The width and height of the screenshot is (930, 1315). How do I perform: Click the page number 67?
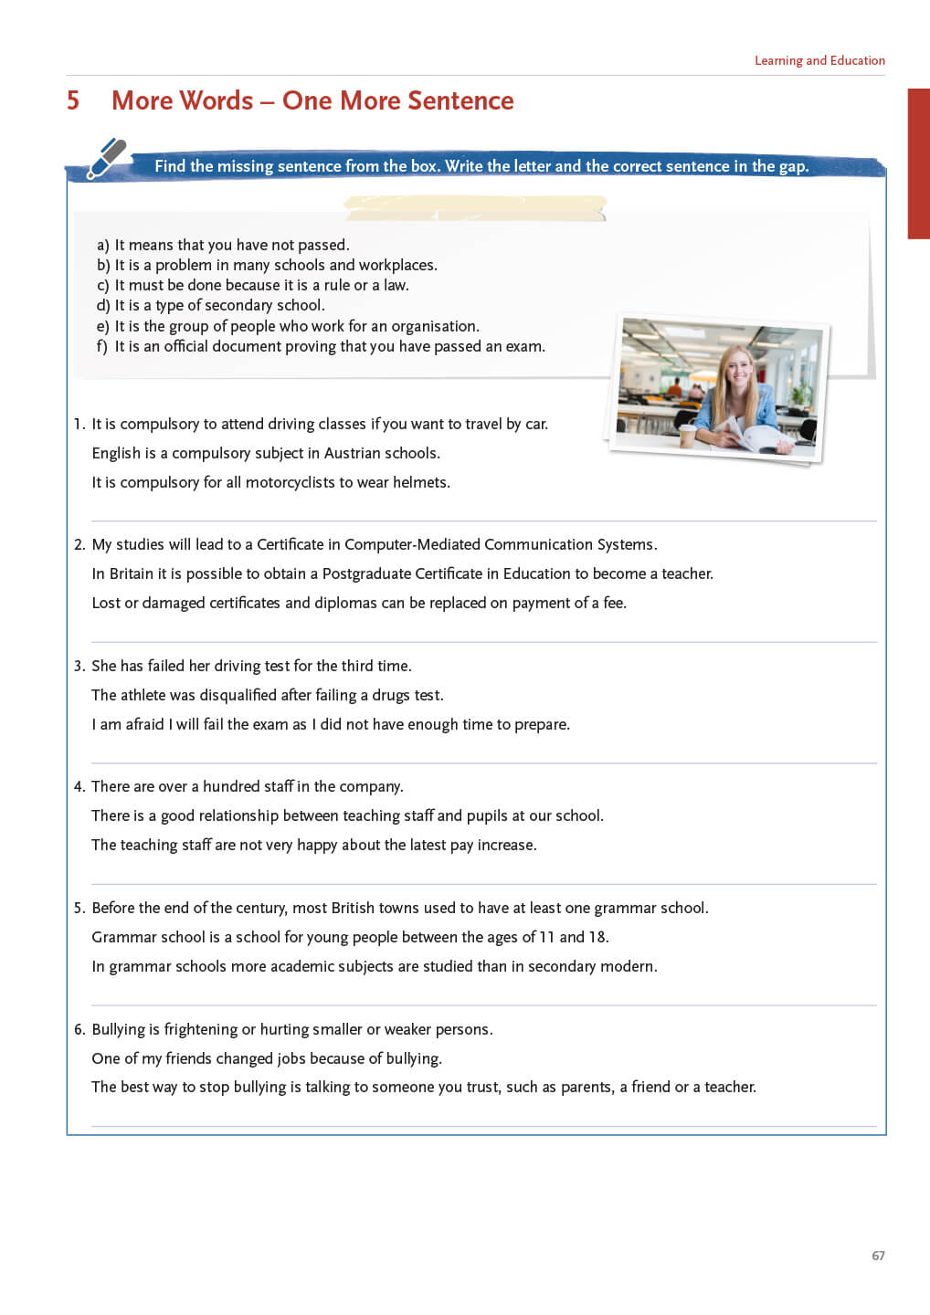click(x=878, y=1256)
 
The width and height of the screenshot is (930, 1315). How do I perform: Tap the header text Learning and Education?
click(x=819, y=60)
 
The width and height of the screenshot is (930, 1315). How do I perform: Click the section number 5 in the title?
click(x=73, y=100)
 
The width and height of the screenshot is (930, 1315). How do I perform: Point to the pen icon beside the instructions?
click(x=107, y=158)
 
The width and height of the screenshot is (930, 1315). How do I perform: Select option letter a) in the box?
click(x=102, y=245)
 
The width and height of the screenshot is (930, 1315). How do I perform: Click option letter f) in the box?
click(x=102, y=347)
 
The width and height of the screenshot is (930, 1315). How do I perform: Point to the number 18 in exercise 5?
click(x=597, y=937)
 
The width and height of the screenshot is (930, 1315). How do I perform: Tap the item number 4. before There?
click(x=79, y=786)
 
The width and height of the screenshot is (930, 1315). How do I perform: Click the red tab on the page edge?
click(x=918, y=163)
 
